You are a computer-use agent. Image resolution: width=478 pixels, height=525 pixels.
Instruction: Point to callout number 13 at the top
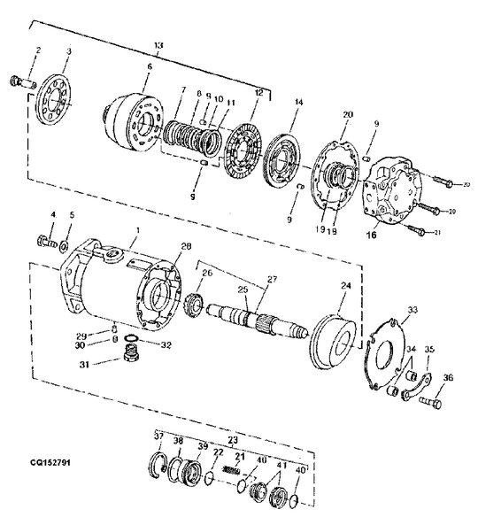tap(158, 44)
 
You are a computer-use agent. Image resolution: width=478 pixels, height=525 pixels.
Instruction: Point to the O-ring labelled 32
tap(131, 340)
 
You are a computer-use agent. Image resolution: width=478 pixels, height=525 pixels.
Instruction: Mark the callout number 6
tap(149, 67)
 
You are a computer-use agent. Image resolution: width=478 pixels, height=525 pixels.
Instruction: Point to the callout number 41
tap(282, 464)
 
